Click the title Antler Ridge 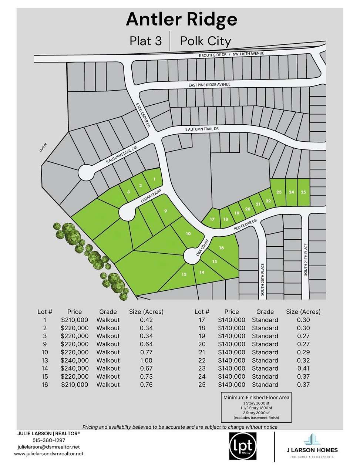(181, 19)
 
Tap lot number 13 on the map (184, 274)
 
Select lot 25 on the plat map (303, 192)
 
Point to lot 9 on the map (165, 211)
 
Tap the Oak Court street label (203, 247)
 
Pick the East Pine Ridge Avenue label (209, 85)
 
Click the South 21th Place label (306, 259)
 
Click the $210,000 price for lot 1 (74, 320)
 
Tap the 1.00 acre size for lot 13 (146, 360)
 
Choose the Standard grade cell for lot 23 (265, 368)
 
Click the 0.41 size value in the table (303, 368)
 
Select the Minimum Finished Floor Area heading (256, 398)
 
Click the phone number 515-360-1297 (49, 440)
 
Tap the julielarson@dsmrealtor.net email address (48, 447)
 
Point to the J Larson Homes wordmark (312, 450)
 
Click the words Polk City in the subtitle (205, 41)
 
